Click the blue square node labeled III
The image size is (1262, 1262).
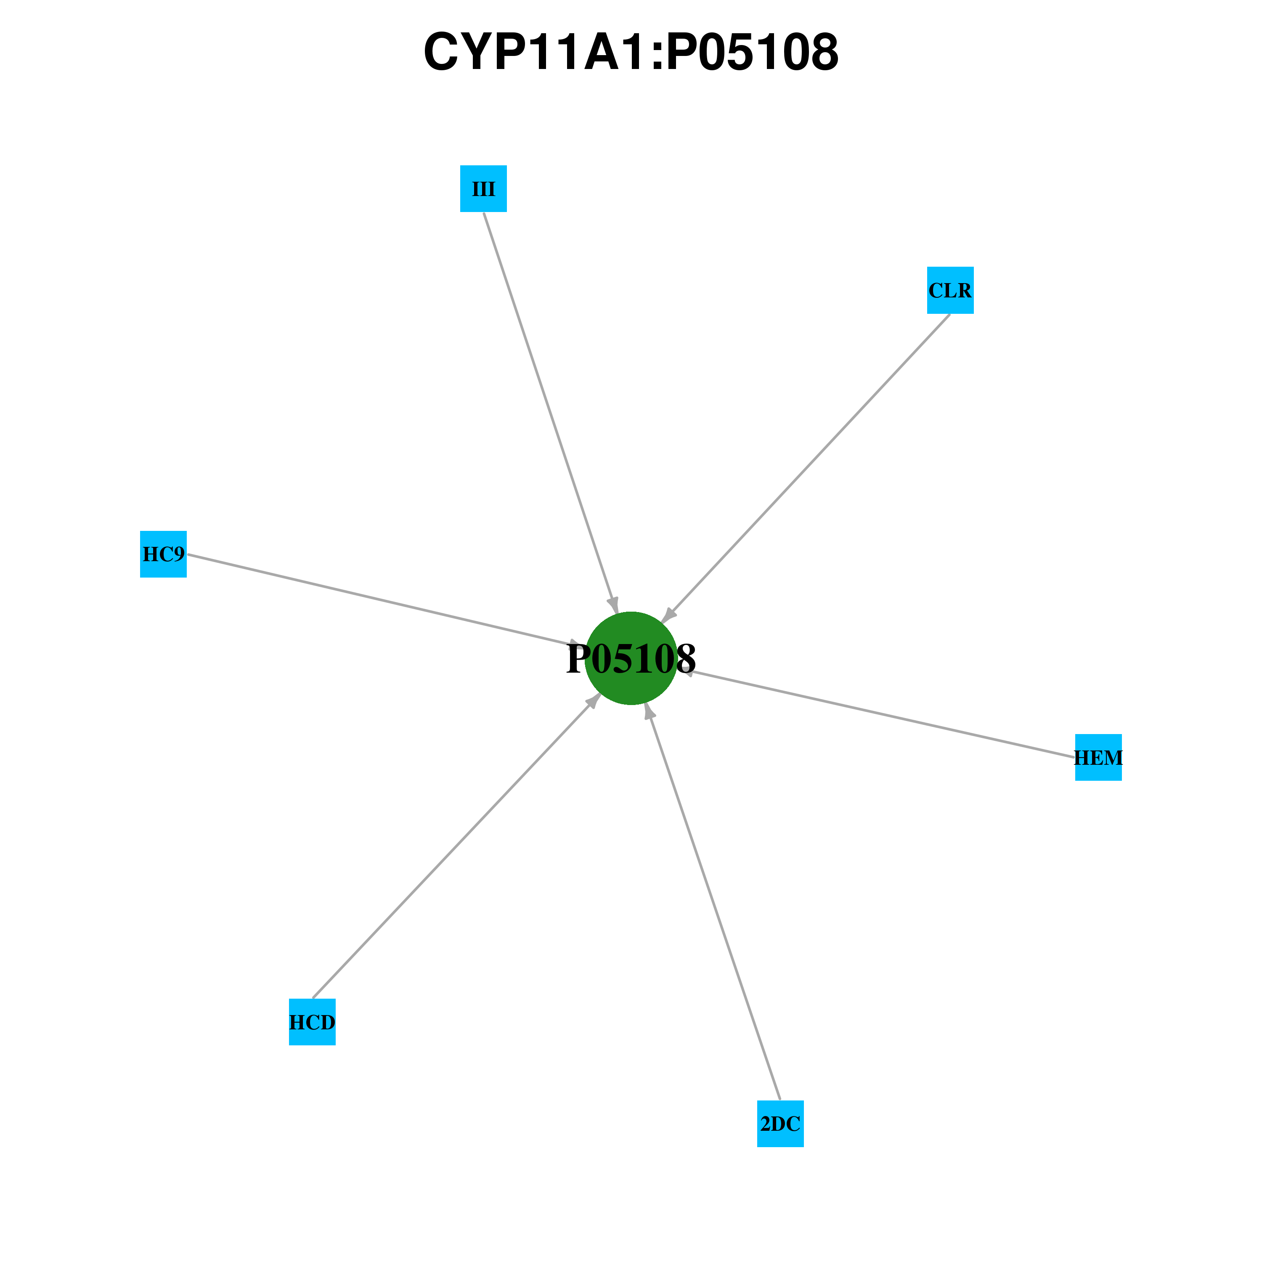click(x=483, y=189)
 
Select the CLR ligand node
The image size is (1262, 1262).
click(x=950, y=290)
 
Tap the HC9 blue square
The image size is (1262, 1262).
click(x=163, y=554)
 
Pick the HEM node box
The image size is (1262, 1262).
click(x=1099, y=757)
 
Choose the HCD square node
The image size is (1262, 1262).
click(x=312, y=1022)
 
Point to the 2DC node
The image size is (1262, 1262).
click(x=781, y=1124)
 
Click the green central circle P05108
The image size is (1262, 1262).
click(x=631, y=658)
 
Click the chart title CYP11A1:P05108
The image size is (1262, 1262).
click(x=631, y=52)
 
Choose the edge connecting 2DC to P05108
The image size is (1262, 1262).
click(x=712, y=901)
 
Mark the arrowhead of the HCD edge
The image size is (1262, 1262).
click(x=593, y=700)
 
